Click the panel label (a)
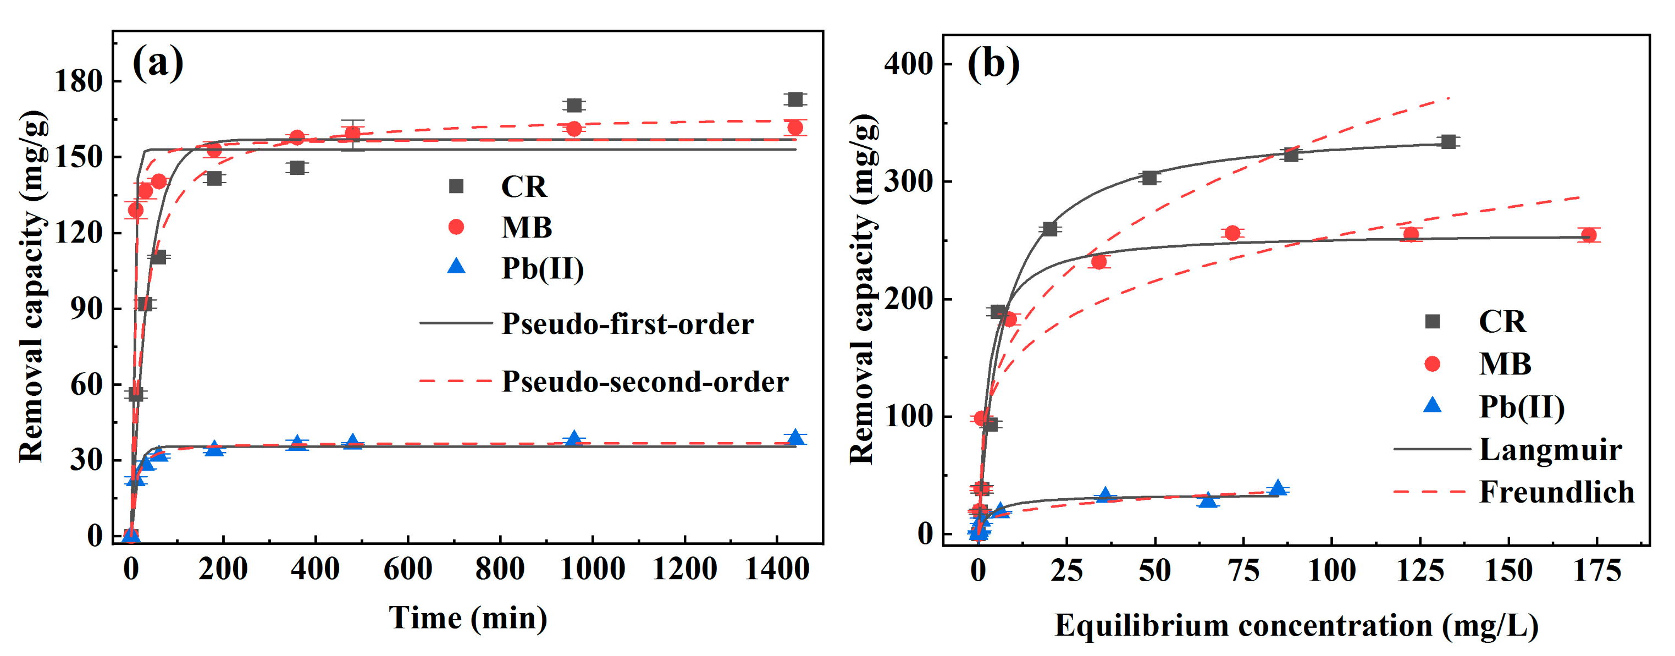tap(158, 64)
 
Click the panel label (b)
tap(993, 64)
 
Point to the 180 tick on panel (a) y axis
tap(79, 81)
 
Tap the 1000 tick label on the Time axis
tap(593, 570)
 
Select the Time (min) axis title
tap(467, 618)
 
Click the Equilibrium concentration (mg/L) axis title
tap(1296, 625)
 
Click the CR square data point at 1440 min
tap(794, 100)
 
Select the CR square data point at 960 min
tap(573, 106)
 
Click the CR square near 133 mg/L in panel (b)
tap(1448, 142)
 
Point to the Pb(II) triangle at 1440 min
tap(794, 438)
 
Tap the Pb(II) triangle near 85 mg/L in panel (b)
tap(1278, 488)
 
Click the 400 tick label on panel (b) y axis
tap(908, 64)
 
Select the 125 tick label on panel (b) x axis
tap(1420, 571)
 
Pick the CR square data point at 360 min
tap(297, 168)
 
